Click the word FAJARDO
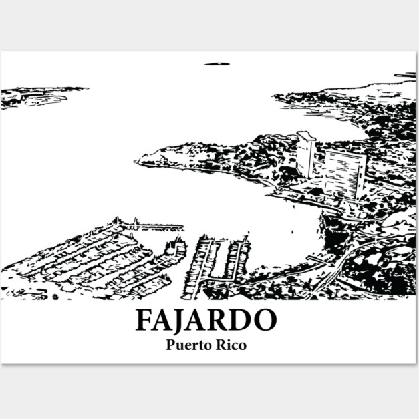(x=206, y=320)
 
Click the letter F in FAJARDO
(x=144, y=320)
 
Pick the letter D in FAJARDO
(x=239, y=320)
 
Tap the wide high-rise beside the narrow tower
(x=344, y=173)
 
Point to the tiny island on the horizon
(x=216, y=64)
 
